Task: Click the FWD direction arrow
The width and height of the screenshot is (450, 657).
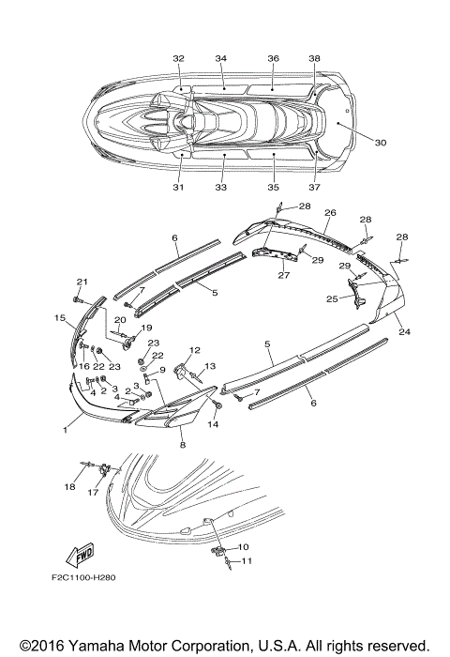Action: pyautogui.click(x=80, y=555)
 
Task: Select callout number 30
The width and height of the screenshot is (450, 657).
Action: pyautogui.click(x=380, y=143)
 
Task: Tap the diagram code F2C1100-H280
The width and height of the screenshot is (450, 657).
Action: pyautogui.click(x=83, y=577)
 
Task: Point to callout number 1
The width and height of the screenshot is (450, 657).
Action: pyautogui.click(x=65, y=430)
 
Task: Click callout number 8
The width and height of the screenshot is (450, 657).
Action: pyautogui.click(x=183, y=445)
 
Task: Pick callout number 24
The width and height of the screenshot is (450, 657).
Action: pyautogui.click(x=404, y=332)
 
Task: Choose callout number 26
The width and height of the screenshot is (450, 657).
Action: pyautogui.click(x=330, y=213)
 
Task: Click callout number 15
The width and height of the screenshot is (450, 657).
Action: pyautogui.click(x=60, y=318)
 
